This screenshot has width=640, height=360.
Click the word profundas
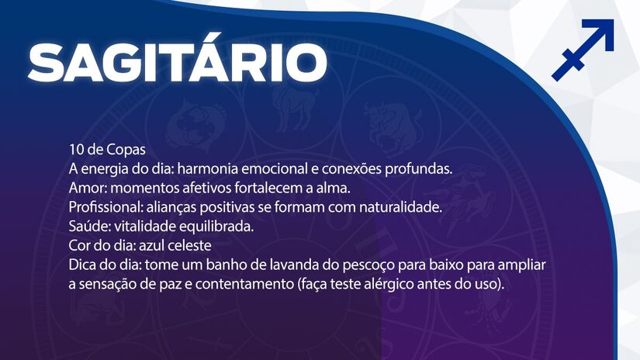417,168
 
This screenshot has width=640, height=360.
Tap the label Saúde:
88,227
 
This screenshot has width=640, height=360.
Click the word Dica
82,265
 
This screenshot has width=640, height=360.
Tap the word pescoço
349,265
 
